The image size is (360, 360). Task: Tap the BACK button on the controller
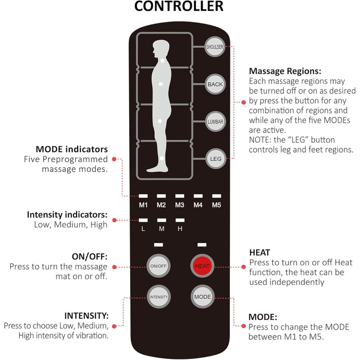(x=213, y=84)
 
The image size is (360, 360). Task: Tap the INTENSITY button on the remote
(x=158, y=297)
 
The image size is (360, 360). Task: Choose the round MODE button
(x=202, y=297)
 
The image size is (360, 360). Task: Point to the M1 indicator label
(x=143, y=205)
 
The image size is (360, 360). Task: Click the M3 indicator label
(x=179, y=205)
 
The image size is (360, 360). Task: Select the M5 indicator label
(x=216, y=205)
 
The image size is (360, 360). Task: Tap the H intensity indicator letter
(x=179, y=229)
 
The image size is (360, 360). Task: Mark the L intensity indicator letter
(x=143, y=229)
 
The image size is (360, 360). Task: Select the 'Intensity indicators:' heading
(x=70, y=214)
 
